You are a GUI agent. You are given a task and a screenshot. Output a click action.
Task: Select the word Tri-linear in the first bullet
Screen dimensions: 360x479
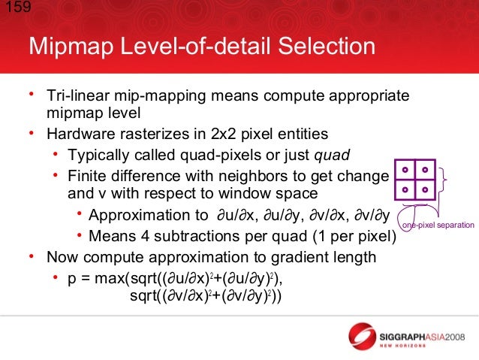(75, 96)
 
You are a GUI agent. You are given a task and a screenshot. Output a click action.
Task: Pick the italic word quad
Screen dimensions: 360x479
(331, 156)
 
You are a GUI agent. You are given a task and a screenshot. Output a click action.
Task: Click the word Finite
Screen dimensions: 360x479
(89, 176)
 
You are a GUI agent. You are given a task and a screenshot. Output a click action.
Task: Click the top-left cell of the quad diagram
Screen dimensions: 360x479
(404, 169)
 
